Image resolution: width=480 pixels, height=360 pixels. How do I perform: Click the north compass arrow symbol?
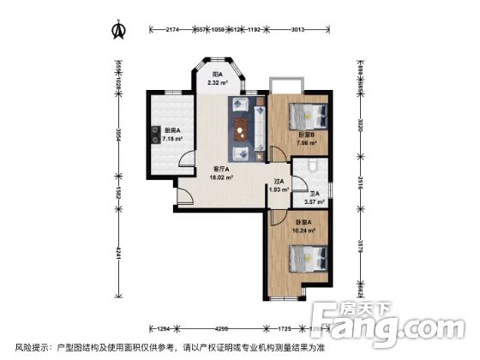(120, 30)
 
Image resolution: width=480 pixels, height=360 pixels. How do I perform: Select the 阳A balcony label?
(218, 75)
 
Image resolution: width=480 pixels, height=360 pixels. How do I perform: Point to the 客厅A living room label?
(221, 170)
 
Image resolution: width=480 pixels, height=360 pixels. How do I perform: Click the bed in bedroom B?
(304, 115)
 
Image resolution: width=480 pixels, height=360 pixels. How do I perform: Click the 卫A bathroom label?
(315, 194)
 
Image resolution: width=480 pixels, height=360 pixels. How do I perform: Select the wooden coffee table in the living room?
(239, 129)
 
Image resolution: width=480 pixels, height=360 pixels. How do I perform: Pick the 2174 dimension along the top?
(171, 30)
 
